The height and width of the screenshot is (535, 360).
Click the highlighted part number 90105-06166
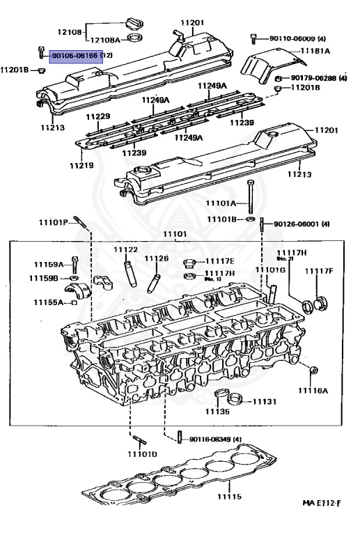pos(73,55)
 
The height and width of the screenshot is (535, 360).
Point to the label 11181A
pos(315,52)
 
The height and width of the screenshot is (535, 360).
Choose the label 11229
pos(98,116)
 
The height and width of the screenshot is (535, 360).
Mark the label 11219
pos(81,166)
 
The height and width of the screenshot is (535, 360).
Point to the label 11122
pos(126,249)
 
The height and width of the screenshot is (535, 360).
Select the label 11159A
pos(48,264)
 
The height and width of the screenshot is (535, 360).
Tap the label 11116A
pos(313,391)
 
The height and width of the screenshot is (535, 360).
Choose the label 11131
pos(264,402)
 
